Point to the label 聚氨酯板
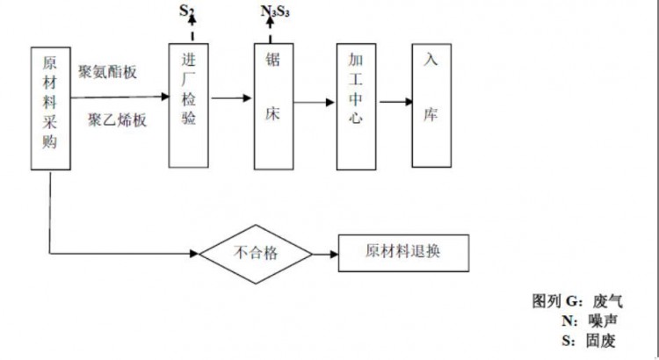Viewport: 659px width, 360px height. [107, 71]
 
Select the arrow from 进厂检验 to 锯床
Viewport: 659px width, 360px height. [231, 97]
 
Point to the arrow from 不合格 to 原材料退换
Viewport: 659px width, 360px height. [324, 255]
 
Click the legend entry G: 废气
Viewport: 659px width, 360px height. [576, 300]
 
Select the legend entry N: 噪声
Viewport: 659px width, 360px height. [583, 320]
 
